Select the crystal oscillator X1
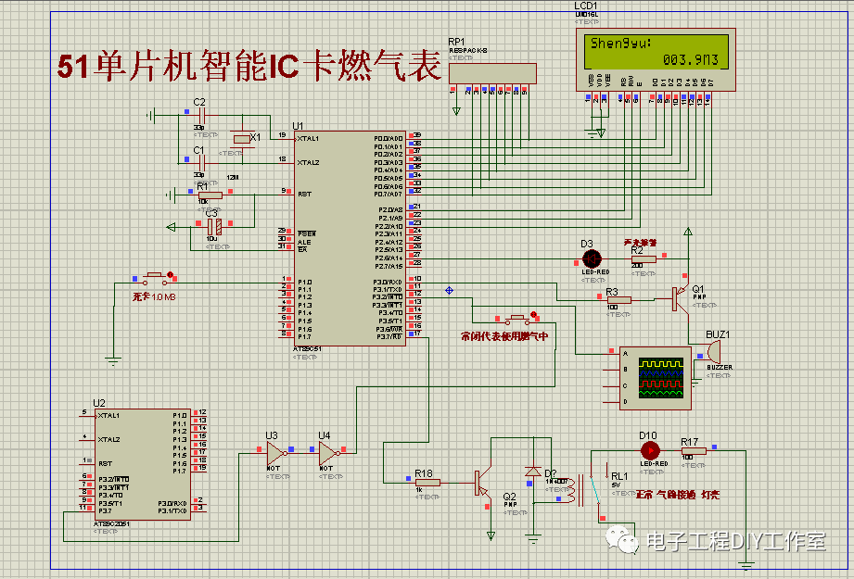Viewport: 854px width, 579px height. tap(243, 139)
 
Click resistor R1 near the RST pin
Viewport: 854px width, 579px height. tap(210, 195)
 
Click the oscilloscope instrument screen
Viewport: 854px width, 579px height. tap(659, 375)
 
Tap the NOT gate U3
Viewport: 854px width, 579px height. tap(274, 453)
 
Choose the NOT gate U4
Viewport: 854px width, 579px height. tap(327, 453)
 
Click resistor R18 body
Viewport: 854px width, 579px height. tap(427, 482)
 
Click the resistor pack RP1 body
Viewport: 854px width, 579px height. tap(491, 72)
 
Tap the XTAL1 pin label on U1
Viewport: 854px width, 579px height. tap(308, 139)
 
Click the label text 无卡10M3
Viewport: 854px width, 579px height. tap(153, 296)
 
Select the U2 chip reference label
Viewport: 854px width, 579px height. tap(99, 404)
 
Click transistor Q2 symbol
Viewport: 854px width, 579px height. tap(481, 483)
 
